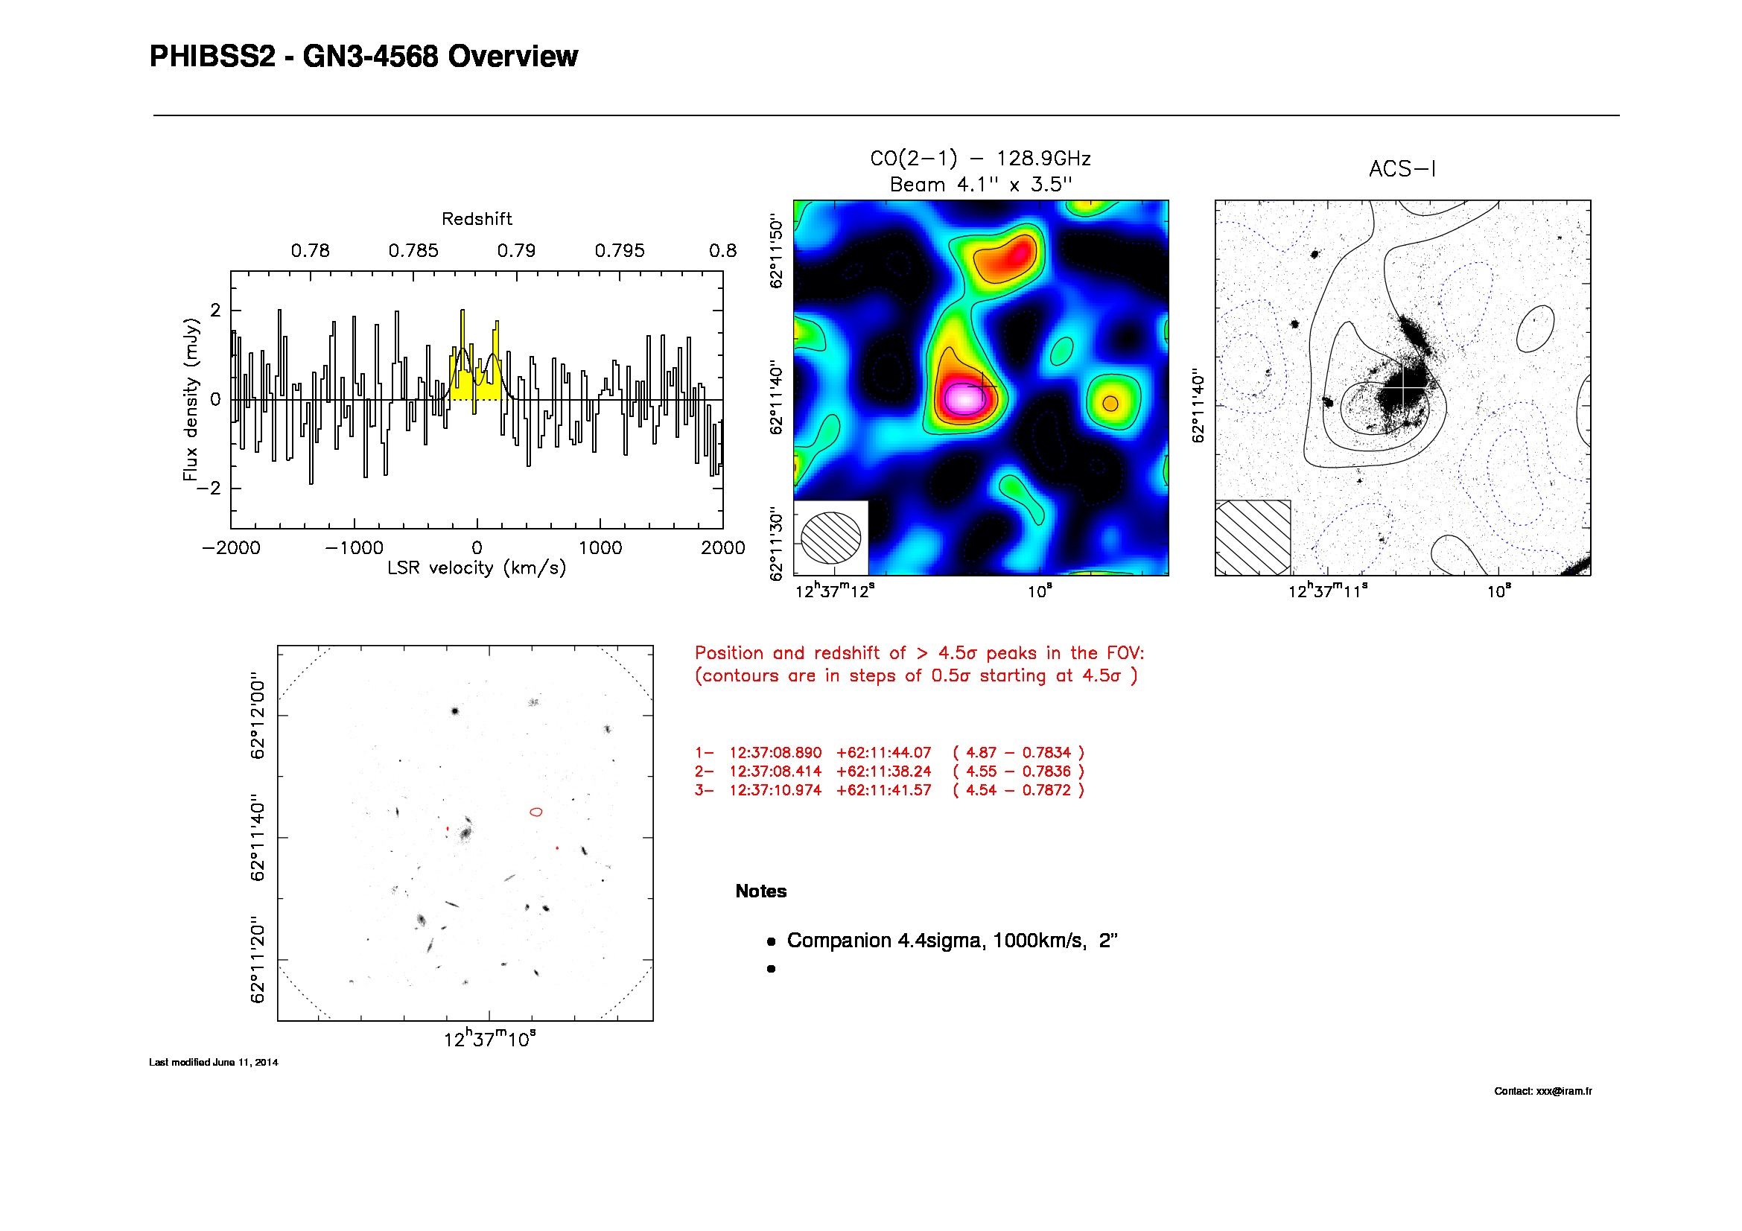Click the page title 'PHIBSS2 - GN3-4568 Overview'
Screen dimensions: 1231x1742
[363, 57]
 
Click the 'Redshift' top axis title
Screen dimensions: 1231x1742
[477, 219]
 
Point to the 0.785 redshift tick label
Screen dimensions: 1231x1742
[413, 251]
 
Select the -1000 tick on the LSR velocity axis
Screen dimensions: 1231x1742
[354, 547]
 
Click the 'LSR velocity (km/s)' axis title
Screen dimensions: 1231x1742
[477, 568]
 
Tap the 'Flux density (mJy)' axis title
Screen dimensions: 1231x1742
[191, 399]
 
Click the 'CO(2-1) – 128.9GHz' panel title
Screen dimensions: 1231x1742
[980, 159]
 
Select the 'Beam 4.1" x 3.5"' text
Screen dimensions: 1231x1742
[980, 184]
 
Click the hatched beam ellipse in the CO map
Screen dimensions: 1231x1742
[831, 538]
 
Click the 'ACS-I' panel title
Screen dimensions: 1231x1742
[1402, 169]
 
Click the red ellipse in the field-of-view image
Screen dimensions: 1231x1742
[535, 812]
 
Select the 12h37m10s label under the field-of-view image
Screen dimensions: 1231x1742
[489, 1039]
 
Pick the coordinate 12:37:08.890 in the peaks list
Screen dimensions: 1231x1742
[775, 753]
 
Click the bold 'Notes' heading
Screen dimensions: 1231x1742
[761, 891]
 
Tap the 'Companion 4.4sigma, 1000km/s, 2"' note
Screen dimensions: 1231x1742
[953, 941]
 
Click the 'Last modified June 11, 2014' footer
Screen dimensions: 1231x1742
[213, 1062]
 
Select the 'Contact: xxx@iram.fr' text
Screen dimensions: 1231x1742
[1542, 1091]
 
